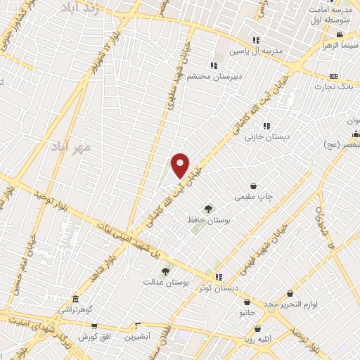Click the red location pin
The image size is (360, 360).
pyautogui.click(x=181, y=165)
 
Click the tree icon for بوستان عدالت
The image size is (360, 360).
pyautogui.click(x=165, y=271)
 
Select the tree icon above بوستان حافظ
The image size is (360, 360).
pyautogui.click(x=207, y=208)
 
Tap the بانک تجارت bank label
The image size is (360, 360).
pyautogui.click(x=342, y=86)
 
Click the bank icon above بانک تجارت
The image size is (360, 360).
pyautogui.click(x=334, y=75)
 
